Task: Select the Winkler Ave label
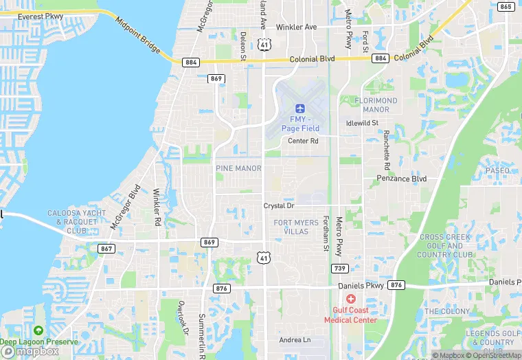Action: (296, 27)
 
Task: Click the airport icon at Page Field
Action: (299, 108)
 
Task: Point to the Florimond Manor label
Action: (376, 105)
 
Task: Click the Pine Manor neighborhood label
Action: (238, 168)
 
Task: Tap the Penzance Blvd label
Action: (402, 179)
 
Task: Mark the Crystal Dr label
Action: (278, 205)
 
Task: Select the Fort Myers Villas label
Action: (296, 227)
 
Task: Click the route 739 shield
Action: (339, 268)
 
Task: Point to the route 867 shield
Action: (106, 248)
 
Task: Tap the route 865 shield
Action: (506, 7)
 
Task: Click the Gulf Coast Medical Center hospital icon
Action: (351, 299)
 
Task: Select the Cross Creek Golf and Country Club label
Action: (446, 246)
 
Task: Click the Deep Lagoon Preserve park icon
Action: (38, 331)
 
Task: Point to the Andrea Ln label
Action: (295, 340)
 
